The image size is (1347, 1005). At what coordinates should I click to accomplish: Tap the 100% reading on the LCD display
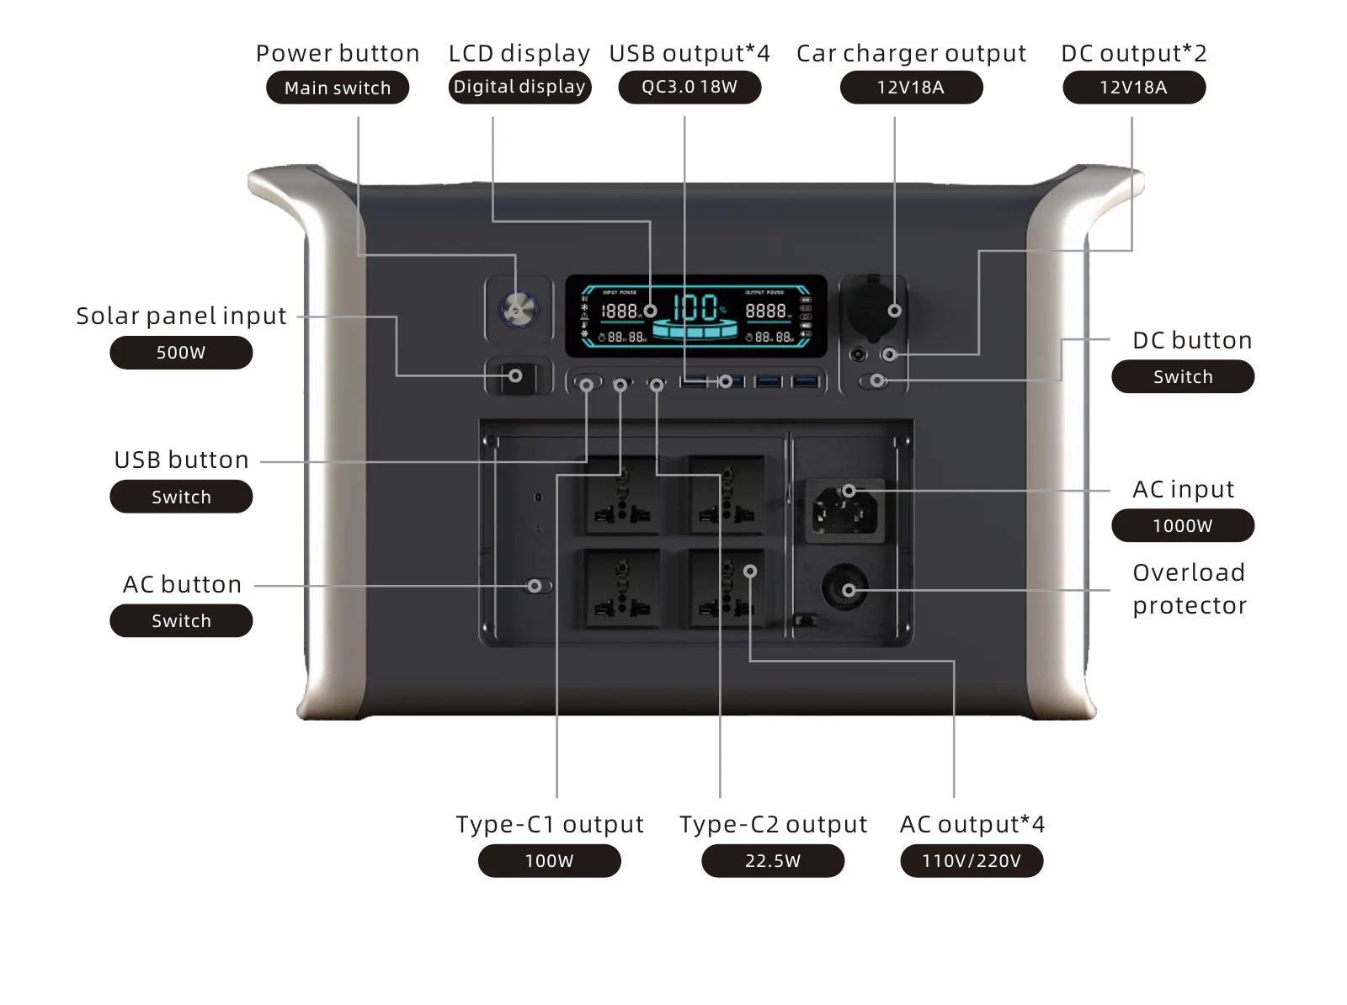click(695, 308)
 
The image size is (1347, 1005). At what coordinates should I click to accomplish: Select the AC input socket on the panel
click(844, 508)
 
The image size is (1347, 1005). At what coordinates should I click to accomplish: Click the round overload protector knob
click(844, 589)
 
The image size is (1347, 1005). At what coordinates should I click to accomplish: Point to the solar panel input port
click(514, 376)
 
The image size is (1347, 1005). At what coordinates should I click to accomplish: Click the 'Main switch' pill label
click(338, 88)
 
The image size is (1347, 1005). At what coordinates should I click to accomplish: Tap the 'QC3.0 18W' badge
click(689, 88)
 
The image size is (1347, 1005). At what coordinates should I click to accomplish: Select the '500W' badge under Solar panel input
click(181, 353)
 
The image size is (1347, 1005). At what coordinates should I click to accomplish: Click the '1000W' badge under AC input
click(1183, 526)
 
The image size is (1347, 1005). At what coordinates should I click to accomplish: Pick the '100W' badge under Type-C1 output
click(549, 861)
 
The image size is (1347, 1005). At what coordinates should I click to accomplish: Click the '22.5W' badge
click(773, 861)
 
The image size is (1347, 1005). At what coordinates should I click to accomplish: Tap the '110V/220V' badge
click(972, 861)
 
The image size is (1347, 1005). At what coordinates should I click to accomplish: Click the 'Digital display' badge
click(519, 87)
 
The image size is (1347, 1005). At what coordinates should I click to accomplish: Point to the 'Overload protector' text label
click(1189, 588)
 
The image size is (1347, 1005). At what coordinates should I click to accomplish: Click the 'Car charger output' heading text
click(911, 53)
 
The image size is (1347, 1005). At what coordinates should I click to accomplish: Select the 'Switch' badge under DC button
click(1183, 377)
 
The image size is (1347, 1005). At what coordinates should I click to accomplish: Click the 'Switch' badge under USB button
click(181, 497)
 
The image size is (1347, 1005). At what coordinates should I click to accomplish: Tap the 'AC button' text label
click(183, 584)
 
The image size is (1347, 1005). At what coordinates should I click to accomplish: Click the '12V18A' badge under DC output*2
click(1134, 88)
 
